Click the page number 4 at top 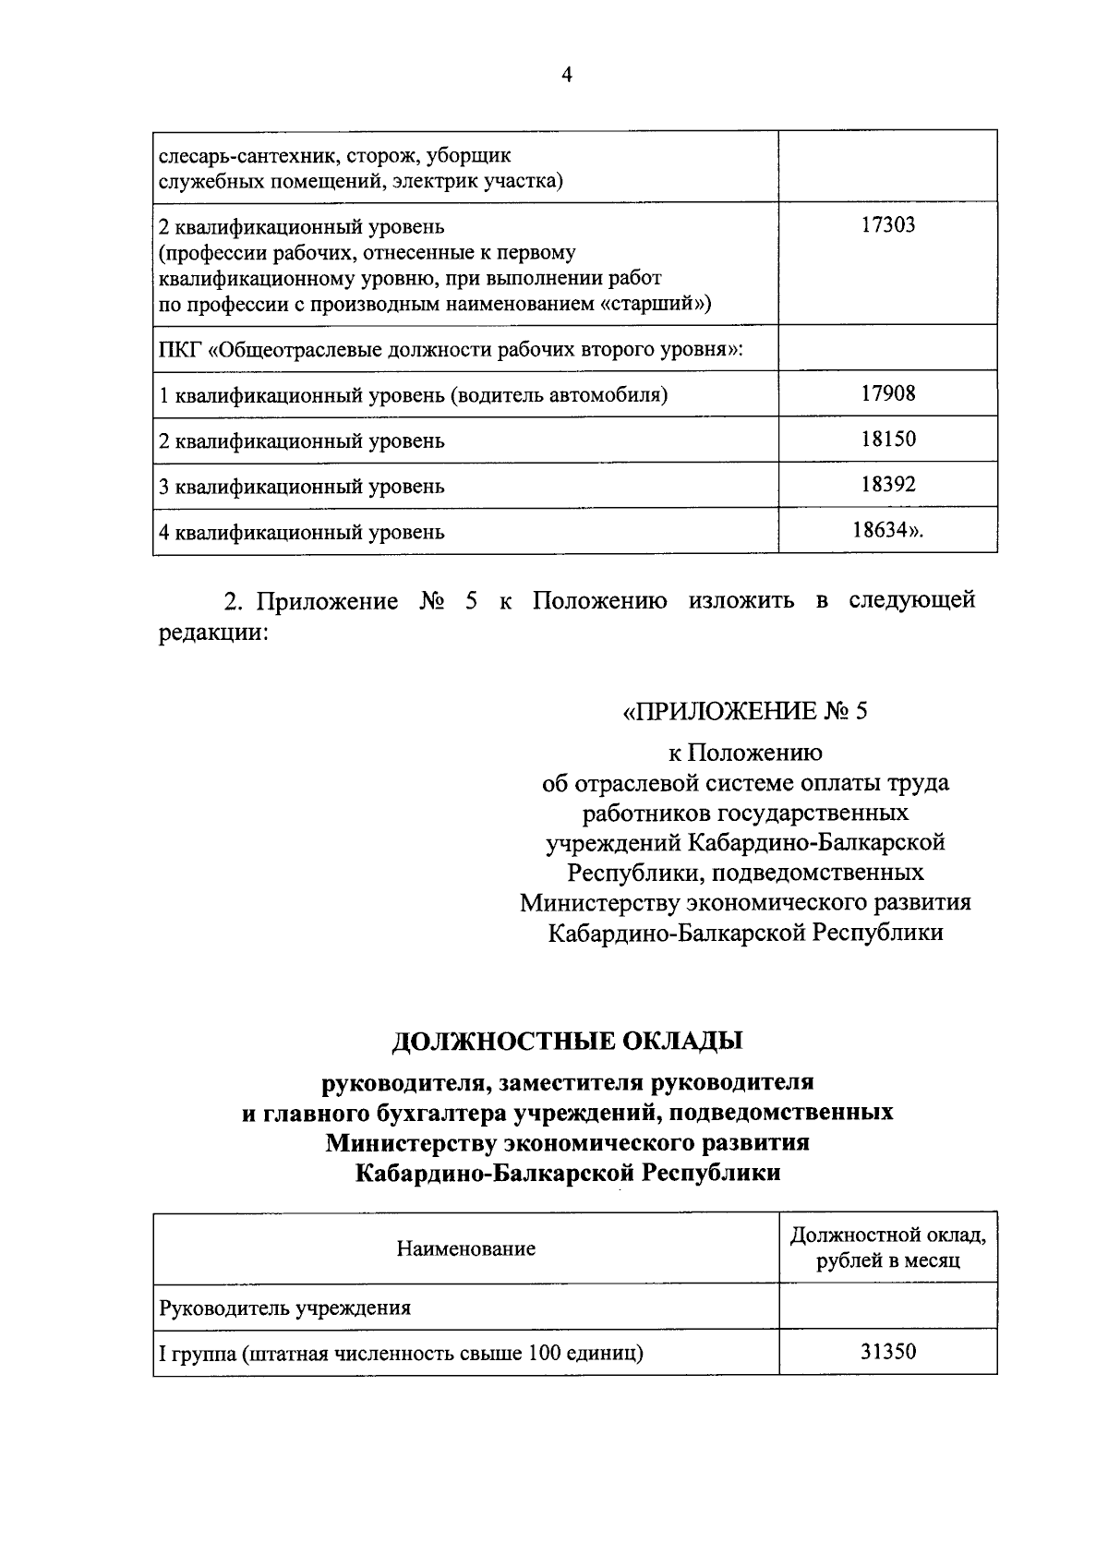click(x=567, y=77)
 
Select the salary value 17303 click(x=888, y=224)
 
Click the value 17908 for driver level click(x=888, y=393)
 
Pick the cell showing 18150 click(x=888, y=439)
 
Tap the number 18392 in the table click(x=888, y=484)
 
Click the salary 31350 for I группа click(x=888, y=1353)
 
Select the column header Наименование click(x=465, y=1248)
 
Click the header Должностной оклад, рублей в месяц click(x=888, y=1248)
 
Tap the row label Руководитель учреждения click(x=285, y=1308)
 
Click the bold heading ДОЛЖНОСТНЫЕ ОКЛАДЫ click(x=567, y=1041)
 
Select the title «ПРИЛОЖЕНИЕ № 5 click(x=745, y=711)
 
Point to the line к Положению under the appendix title click(x=745, y=753)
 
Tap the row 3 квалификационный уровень click(x=302, y=486)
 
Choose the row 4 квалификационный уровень click(x=302, y=532)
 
